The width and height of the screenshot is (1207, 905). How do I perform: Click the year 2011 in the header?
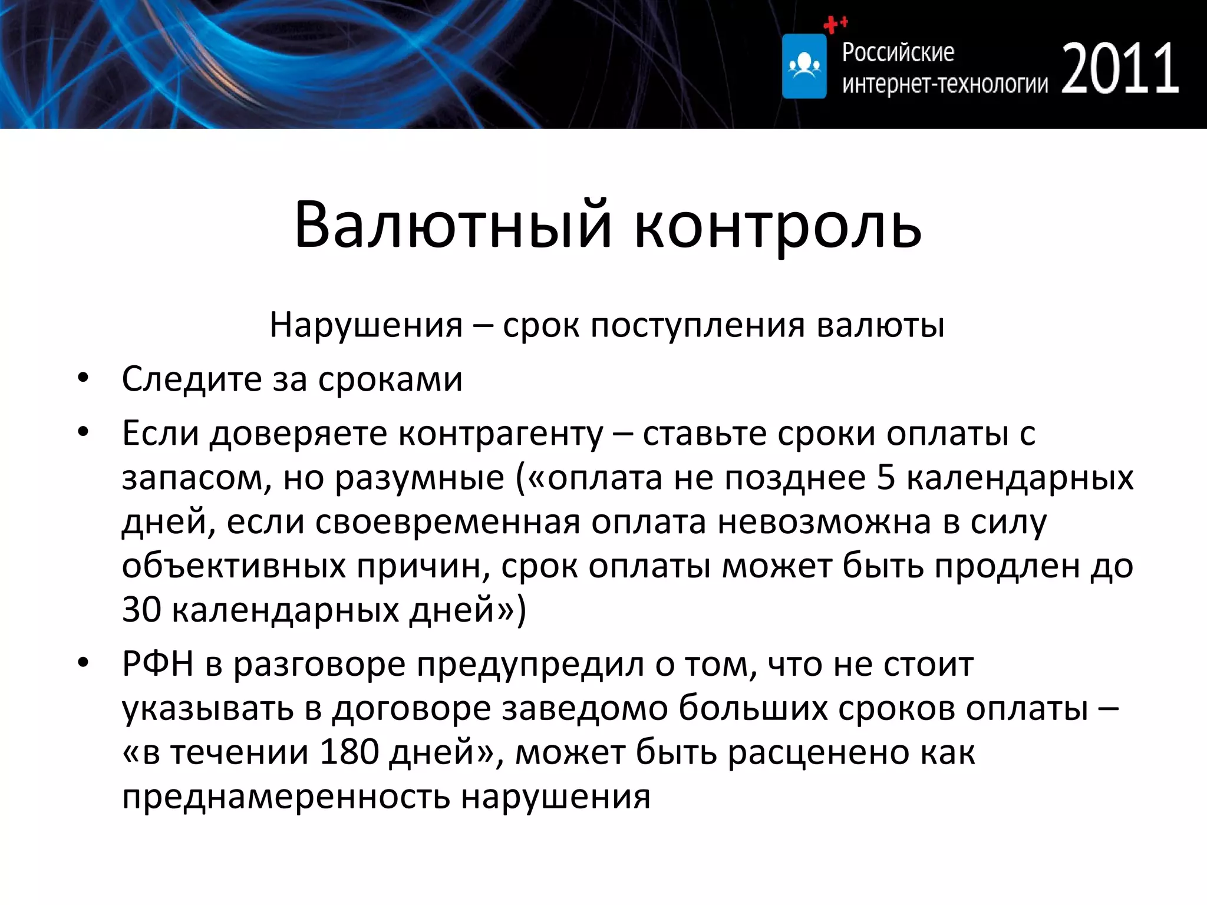[x=1120, y=70]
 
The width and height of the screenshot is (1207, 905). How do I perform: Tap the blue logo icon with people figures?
[x=804, y=67]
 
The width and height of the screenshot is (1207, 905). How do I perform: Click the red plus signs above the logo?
[x=835, y=24]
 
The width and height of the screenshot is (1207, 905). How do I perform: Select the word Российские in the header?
[x=898, y=52]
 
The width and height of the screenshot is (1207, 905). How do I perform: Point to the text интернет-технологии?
[x=945, y=85]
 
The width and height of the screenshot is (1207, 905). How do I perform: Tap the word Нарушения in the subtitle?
[x=366, y=325]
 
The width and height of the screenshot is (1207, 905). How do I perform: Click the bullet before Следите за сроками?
[x=83, y=379]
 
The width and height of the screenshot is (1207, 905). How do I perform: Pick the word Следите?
[x=191, y=379]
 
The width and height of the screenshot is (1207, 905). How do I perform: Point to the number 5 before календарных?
[x=886, y=477]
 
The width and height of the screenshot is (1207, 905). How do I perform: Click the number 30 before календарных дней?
[x=141, y=609]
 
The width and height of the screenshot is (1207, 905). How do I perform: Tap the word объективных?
[x=233, y=567]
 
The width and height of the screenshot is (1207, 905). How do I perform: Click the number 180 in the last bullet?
[x=349, y=752]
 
